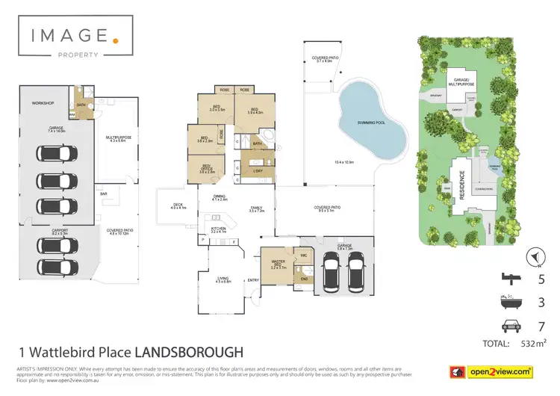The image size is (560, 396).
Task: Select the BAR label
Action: click(x=104, y=194)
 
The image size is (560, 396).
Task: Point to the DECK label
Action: click(x=177, y=205)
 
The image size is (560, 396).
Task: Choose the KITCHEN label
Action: click(x=218, y=229)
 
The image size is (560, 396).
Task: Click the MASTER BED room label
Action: click(x=278, y=262)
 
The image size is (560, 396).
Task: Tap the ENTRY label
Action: click(x=253, y=280)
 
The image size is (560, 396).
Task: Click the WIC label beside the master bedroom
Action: click(x=304, y=256)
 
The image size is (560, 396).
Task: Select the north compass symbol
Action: click(x=535, y=256)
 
